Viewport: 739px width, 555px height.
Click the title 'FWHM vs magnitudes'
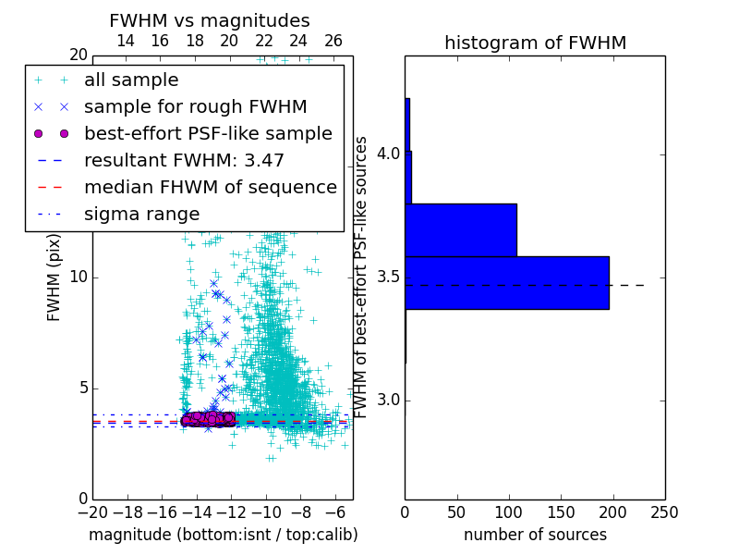click(x=210, y=20)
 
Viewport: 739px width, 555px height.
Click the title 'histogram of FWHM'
click(x=535, y=43)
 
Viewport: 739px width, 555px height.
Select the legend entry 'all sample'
click(x=131, y=80)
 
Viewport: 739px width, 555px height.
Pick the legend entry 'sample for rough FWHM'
click(x=195, y=106)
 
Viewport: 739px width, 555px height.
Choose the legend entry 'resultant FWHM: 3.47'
click(x=184, y=160)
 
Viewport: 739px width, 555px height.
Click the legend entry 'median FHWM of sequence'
click(x=210, y=187)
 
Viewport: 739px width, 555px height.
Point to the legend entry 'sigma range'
click(x=141, y=214)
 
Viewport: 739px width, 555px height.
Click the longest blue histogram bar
click(x=507, y=282)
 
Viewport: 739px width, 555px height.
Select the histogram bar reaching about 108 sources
click(x=461, y=229)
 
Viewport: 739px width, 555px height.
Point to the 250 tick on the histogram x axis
click(x=664, y=512)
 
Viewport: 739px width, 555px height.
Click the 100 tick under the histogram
click(x=509, y=512)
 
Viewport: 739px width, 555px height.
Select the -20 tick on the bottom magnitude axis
click(x=92, y=512)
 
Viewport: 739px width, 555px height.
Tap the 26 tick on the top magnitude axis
click(x=333, y=41)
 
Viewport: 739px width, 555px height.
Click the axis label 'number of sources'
click(x=535, y=535)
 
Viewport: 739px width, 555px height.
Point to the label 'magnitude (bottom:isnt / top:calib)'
click(x=223, y=535)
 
